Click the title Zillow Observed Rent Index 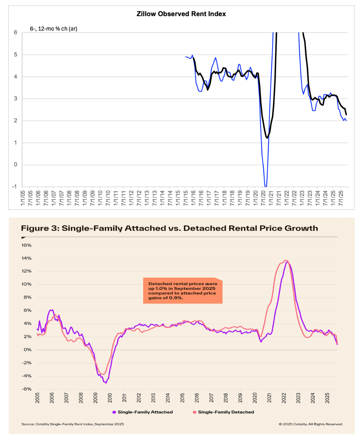coord(181,14)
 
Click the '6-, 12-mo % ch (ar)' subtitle coord(53,29)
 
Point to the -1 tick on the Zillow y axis coord(14,187)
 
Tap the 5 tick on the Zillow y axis coord(15,55)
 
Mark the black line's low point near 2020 coord(267,138)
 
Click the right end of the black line coord(346,114)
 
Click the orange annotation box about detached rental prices coord(182,291)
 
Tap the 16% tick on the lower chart coord(26,245)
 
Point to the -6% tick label coord(27,389)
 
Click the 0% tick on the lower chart coord(28,350)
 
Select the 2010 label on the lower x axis coord(110,397)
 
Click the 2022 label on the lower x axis coord(284,397)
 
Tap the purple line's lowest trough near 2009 coord(106,383)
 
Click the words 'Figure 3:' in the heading coord(40,229)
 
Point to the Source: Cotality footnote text coord(73,424)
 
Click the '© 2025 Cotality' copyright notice coord(311,424)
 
